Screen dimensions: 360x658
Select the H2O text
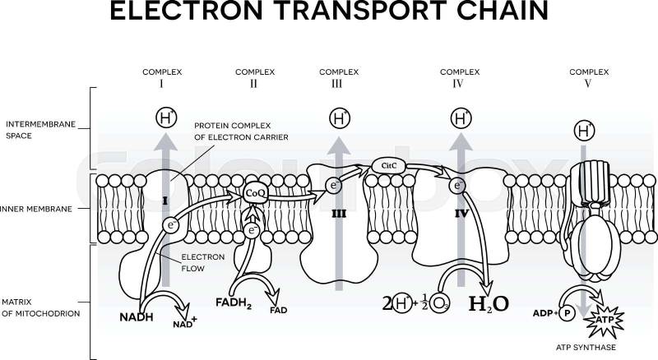click(x=489, y=303)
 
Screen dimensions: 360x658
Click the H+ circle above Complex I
click(x=166, y=118)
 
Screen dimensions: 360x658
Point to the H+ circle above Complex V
click(x=584, y=131)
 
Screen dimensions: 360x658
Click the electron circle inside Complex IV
click(x=457, y=187)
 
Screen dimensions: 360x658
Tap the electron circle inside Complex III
click(x=333, y=186)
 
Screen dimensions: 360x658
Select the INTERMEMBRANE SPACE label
click(x=40, y=129)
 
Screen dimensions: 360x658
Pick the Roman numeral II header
click(x=253, y=84)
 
